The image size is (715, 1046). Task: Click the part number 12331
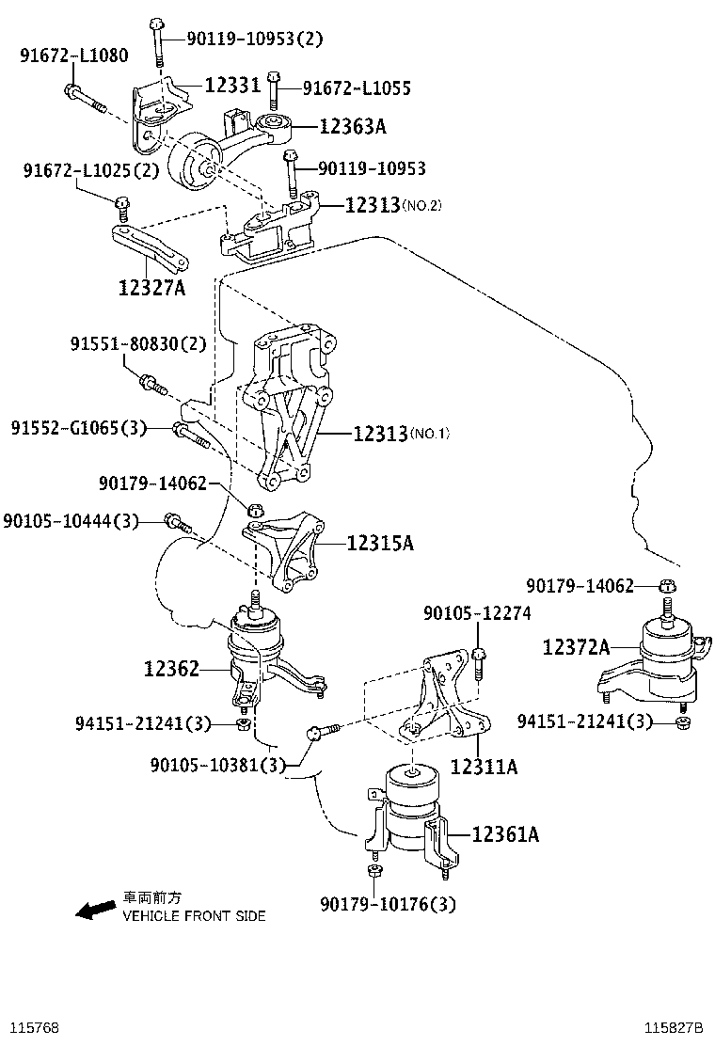232,86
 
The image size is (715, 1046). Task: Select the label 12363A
353,125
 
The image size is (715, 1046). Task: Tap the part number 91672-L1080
73,55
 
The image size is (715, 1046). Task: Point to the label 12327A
151,288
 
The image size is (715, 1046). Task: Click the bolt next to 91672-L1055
274,88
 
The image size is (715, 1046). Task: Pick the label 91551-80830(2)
137,344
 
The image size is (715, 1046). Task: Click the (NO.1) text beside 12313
431,434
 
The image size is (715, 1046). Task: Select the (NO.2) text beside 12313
421,205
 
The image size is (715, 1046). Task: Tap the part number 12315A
380,543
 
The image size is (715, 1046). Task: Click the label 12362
171,669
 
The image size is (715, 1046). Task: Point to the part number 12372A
576,646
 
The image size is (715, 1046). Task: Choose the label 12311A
484,767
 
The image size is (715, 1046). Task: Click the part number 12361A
505,833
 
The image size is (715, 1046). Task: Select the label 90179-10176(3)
388,904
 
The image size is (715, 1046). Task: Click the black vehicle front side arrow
95,910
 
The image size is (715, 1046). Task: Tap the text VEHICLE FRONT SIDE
195,915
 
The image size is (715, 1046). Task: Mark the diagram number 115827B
675,1025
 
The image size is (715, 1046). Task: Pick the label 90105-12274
477,613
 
